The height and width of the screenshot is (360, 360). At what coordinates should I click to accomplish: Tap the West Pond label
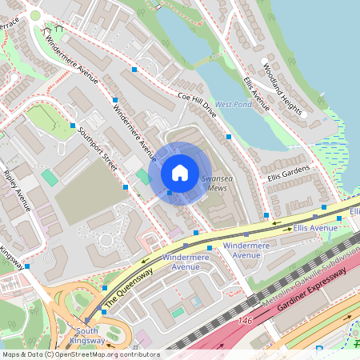click(234, 104)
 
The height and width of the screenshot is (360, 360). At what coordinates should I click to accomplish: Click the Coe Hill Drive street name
click(196, 103)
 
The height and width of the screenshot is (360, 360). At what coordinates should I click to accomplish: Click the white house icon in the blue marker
click(180, 173)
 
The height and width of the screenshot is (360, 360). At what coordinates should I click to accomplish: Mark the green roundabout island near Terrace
click(34, 15)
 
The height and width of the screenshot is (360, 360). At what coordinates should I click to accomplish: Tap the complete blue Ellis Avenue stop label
click(315, 228)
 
